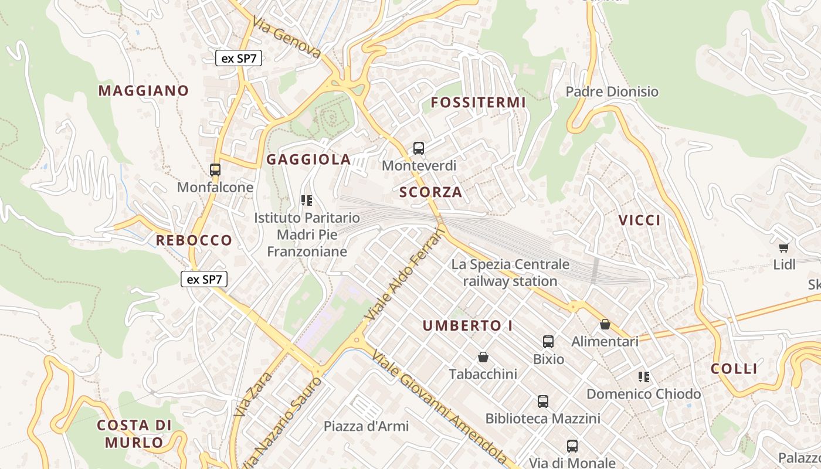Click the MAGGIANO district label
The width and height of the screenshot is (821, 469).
[x=143, y=91]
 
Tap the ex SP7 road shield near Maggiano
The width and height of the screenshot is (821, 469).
[x=238, y=58]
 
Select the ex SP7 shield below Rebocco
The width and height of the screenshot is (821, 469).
[x=203, y=279]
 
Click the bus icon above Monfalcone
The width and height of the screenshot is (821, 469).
[x=215, y=170]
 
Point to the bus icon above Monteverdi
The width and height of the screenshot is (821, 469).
[x=419, y=148]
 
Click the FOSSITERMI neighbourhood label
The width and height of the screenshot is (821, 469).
[x=478, y=103]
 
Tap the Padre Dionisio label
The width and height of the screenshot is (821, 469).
[x=612, y=92]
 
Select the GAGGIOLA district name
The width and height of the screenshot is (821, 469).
[x=308, y=159]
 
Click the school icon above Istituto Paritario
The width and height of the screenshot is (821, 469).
[x=306, y=201]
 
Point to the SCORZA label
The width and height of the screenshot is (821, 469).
[x=430, y=192]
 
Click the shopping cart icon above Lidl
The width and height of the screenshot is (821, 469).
[x=784, y=247]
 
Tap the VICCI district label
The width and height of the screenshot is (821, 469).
[x=639, y=220]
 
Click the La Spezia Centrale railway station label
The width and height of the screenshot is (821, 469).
[x=510, y=273]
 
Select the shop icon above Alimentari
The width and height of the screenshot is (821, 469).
[x=605, y=324]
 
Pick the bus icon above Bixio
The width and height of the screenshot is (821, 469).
[x=548, y=341]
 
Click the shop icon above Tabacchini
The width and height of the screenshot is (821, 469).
[x=483, y=357]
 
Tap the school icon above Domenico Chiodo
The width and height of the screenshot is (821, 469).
[x=644, y=376]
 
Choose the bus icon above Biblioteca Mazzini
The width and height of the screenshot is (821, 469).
[x=543, y=402]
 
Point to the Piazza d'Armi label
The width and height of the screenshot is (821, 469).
[x=366, y=426]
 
